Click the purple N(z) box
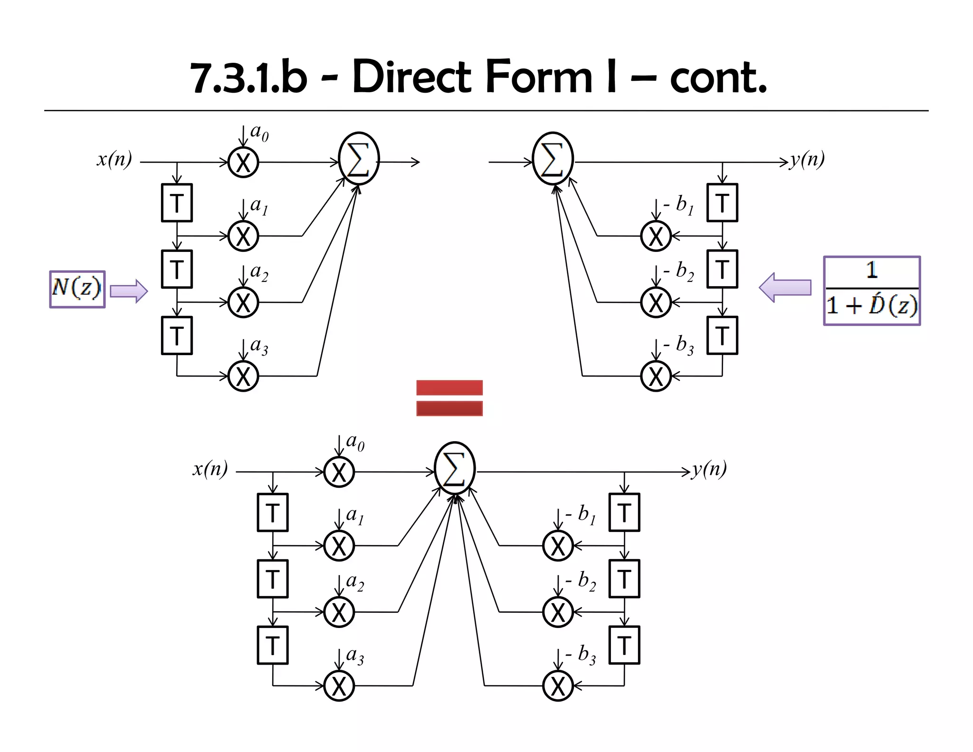77,289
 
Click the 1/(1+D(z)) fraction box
871,290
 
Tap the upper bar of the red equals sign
449,387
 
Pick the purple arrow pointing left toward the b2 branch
785,287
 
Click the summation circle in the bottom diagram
455,468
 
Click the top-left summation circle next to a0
359,158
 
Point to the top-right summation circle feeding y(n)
553,158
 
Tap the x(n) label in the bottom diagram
210,469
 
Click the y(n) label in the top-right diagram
808,159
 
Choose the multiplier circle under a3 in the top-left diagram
243,376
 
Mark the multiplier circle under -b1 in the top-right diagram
656,236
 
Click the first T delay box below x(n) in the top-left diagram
177,203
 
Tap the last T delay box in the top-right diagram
722,336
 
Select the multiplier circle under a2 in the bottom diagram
339,612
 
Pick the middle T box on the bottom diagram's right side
624,578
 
